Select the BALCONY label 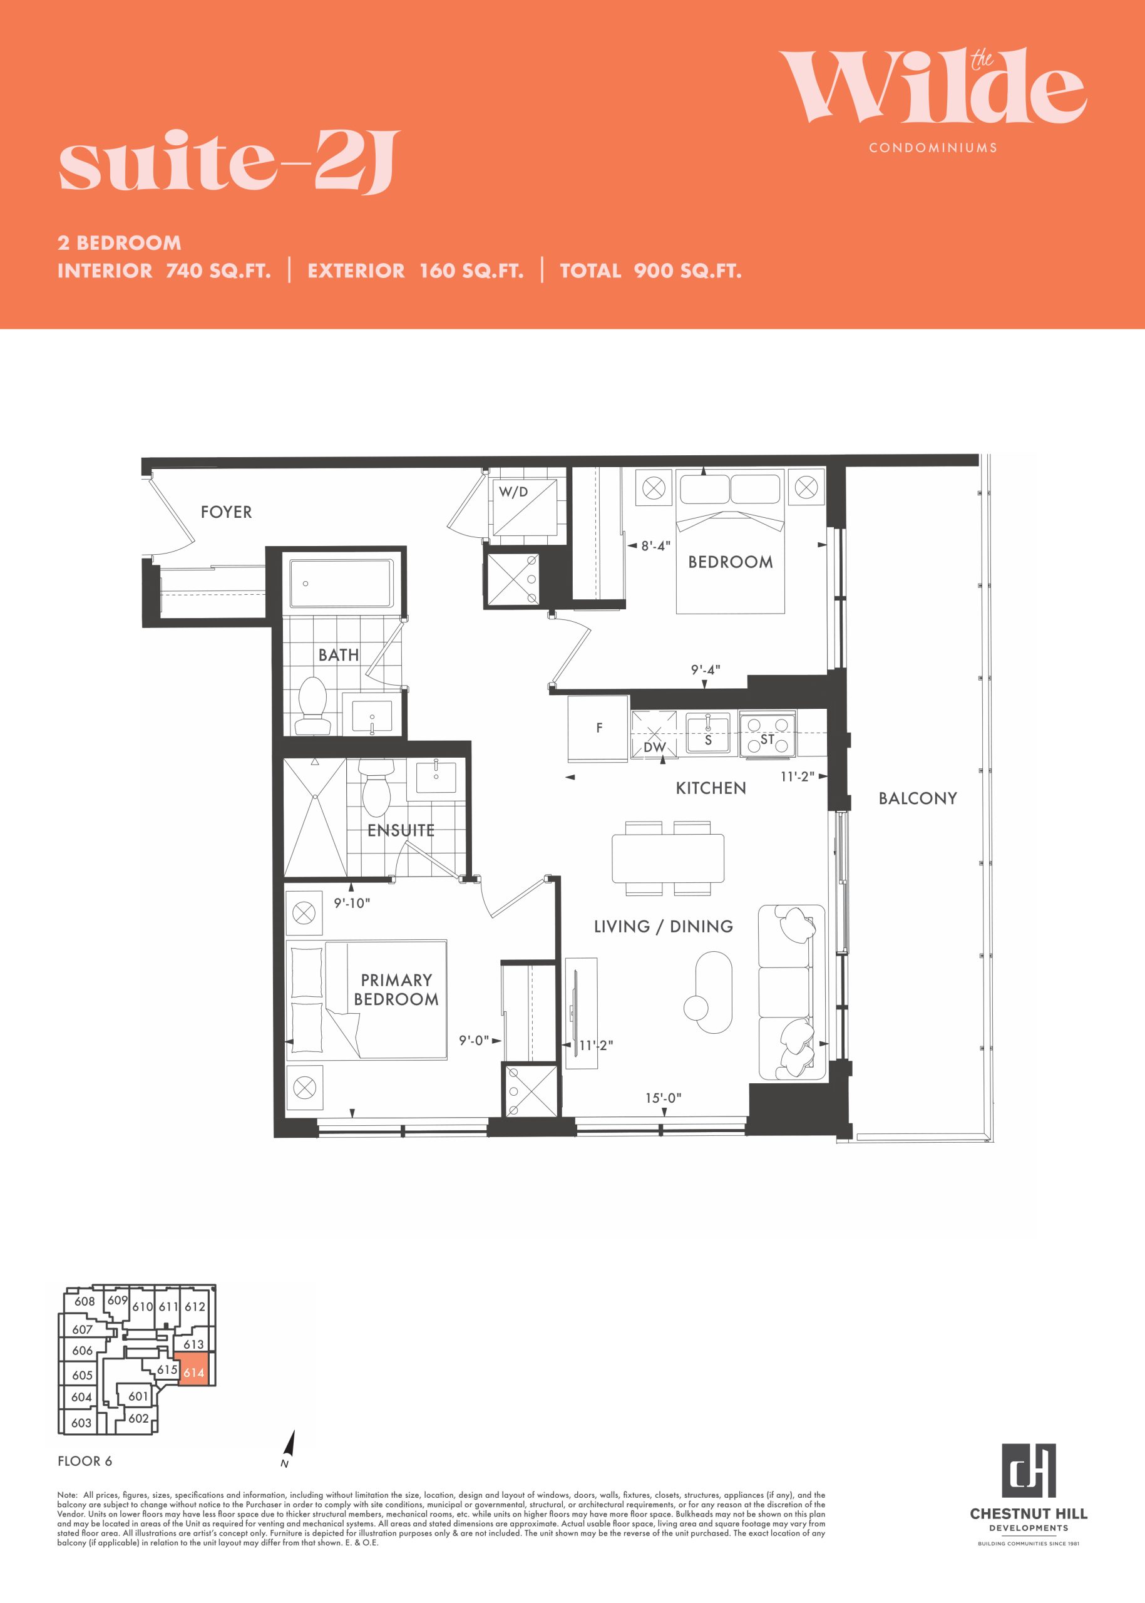point(917,798)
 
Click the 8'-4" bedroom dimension point(655,546)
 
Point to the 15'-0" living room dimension point(663,1098)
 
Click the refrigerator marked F point(598,728)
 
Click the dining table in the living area point(668,858)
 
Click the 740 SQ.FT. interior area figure point(218,271)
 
